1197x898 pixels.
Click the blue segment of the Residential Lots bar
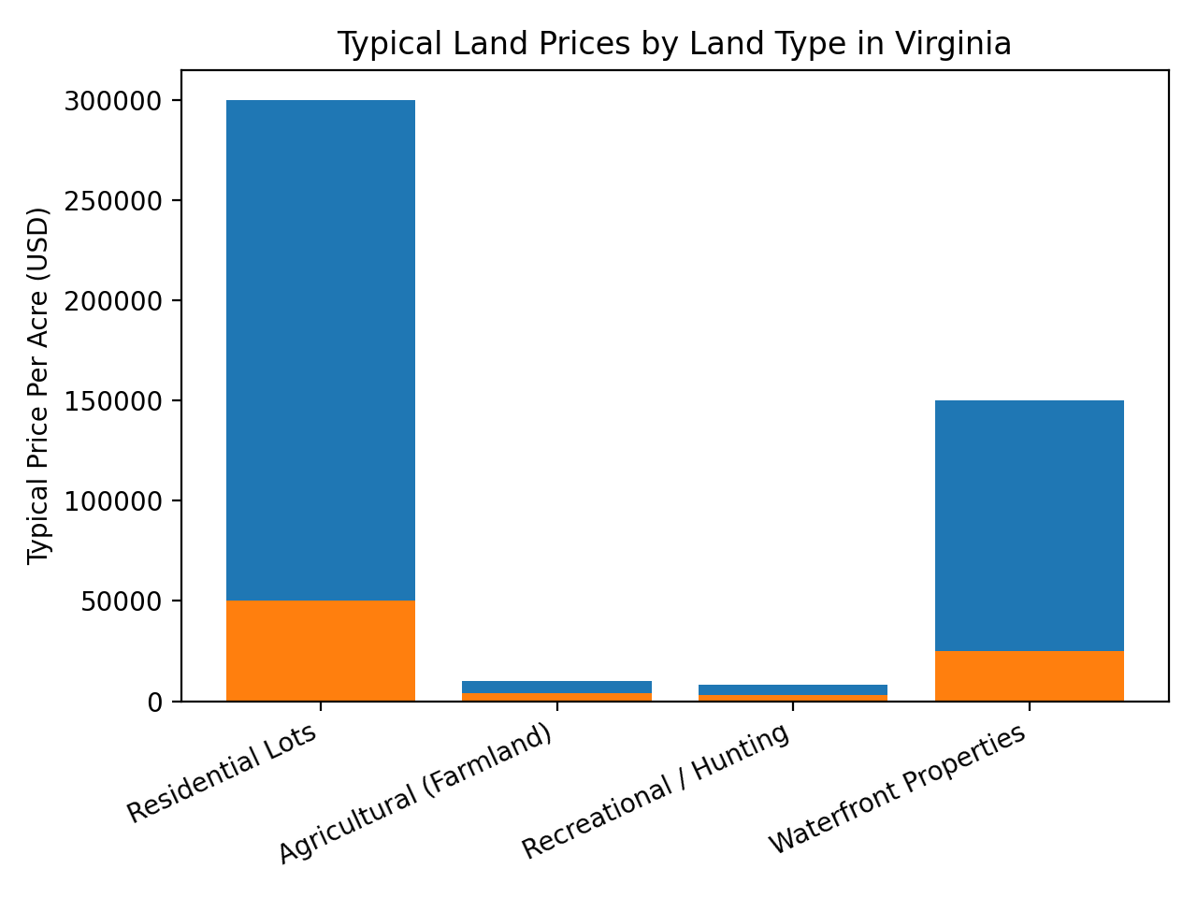click(321, 350)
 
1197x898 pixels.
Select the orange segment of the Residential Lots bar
click(321, 650)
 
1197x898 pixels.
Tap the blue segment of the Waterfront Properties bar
click(1029, 525)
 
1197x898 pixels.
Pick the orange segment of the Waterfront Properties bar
click(1029, 675)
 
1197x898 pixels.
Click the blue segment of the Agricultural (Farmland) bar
click(556, 687)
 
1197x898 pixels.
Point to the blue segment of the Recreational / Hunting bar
click(793, 689)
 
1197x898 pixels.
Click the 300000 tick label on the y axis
click(111, 101)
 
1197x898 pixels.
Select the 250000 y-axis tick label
click(111, 201)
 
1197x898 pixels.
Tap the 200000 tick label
click(111, 301)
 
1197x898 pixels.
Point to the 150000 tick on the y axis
click(111, 401)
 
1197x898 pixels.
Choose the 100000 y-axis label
click(111, 501)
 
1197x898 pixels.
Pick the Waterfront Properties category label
click(898, 789)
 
